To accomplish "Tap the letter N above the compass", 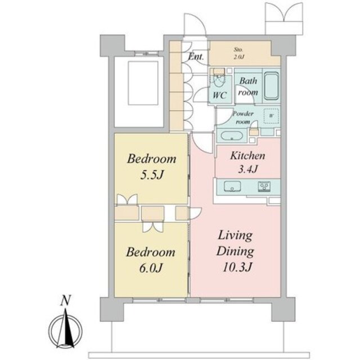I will coord(66,300).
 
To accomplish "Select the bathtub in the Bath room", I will coord(272,86).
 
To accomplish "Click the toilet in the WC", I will coord(219,80).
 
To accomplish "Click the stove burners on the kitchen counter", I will coord(263,187).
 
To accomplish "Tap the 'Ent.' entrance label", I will coord(196,56).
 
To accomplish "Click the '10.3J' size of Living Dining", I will coord(236,267).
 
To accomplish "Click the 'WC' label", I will coord(220,95).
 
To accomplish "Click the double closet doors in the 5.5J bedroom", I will coord(127,200).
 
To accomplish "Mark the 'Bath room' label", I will coord(247,86).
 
